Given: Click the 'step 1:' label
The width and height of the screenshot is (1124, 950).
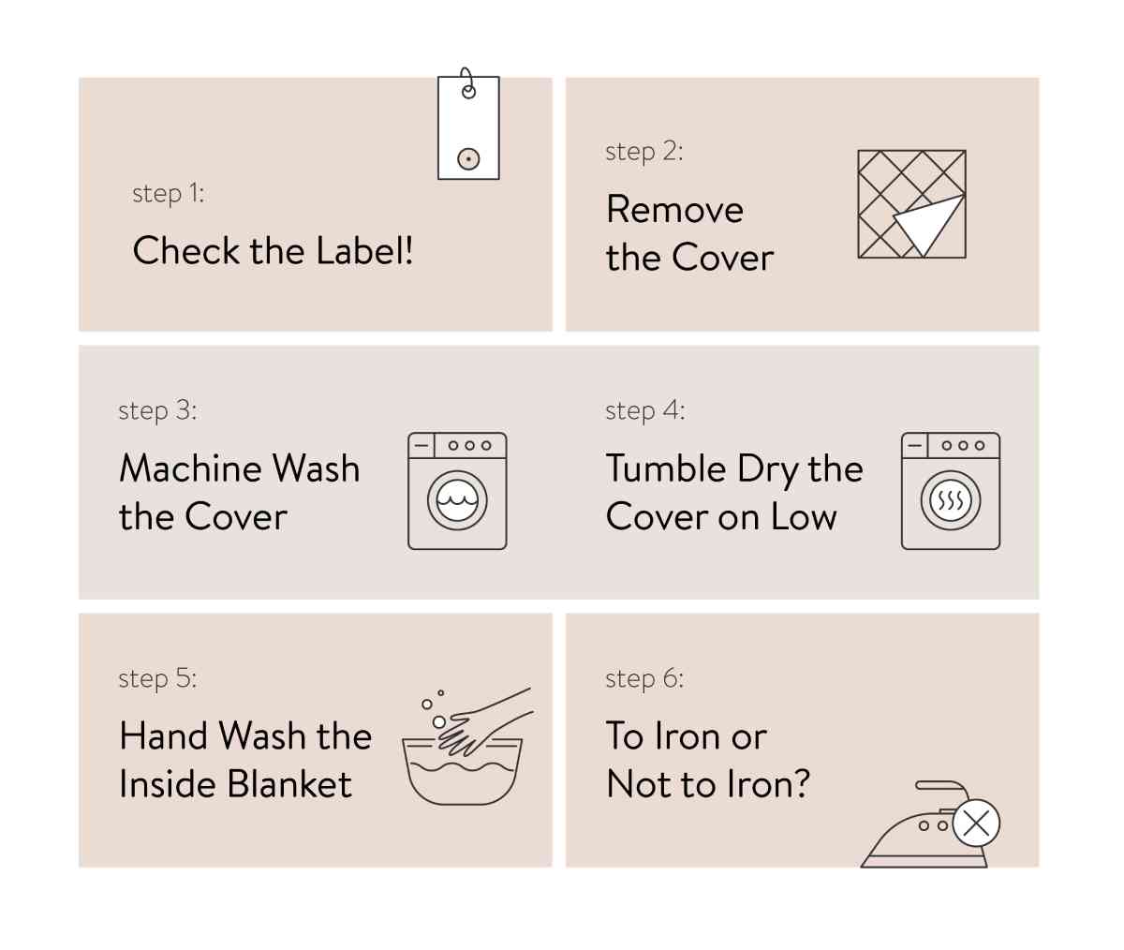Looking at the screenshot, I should (168, 193).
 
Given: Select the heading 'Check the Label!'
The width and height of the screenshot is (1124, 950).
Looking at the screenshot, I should (273, 251).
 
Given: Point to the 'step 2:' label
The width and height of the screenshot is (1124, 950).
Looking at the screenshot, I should (643, 152).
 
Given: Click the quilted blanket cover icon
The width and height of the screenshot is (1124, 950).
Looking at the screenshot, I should (911, 204).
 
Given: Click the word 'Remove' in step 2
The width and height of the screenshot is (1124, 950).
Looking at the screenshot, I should (674, 210).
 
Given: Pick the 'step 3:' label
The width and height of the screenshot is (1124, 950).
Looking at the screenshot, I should (157, 410).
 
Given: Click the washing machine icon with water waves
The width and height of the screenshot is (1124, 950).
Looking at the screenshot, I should (457, 491).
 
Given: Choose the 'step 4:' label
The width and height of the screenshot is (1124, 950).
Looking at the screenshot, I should (644, 410).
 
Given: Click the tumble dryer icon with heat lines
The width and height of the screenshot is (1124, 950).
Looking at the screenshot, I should (950, 491).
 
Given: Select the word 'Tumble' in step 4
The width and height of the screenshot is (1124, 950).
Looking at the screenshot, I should (666, 468).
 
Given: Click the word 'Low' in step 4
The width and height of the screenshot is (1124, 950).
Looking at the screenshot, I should (804, 517).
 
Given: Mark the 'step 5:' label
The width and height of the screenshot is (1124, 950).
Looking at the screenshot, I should (157, 678).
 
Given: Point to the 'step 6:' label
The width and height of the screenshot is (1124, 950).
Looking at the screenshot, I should (644, 678).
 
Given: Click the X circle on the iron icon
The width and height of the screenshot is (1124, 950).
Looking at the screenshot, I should (976, 824).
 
